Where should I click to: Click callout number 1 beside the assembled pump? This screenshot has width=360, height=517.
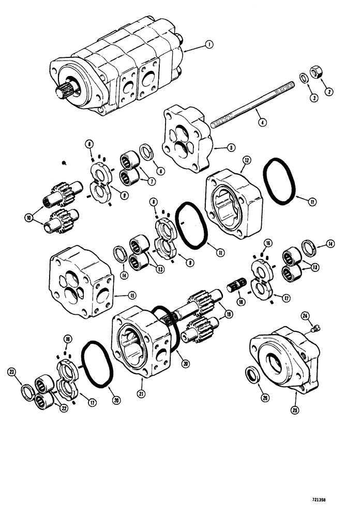point(208,45)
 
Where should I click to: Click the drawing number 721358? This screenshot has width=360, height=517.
point(334,500)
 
